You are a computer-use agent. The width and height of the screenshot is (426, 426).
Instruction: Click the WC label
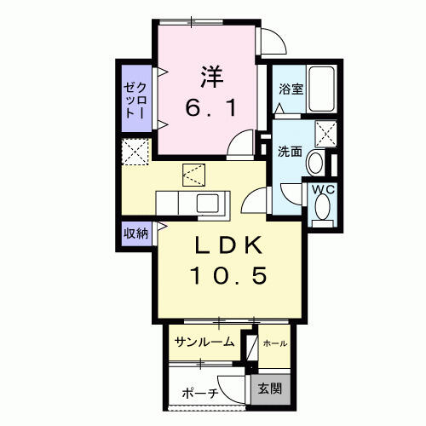tap(322, 187)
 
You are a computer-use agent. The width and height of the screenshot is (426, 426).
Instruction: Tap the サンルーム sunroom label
tap(204, 343)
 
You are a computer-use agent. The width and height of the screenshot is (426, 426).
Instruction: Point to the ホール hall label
tap(274, 343)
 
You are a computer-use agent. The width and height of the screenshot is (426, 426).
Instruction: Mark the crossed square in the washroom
tap(325, 134)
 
